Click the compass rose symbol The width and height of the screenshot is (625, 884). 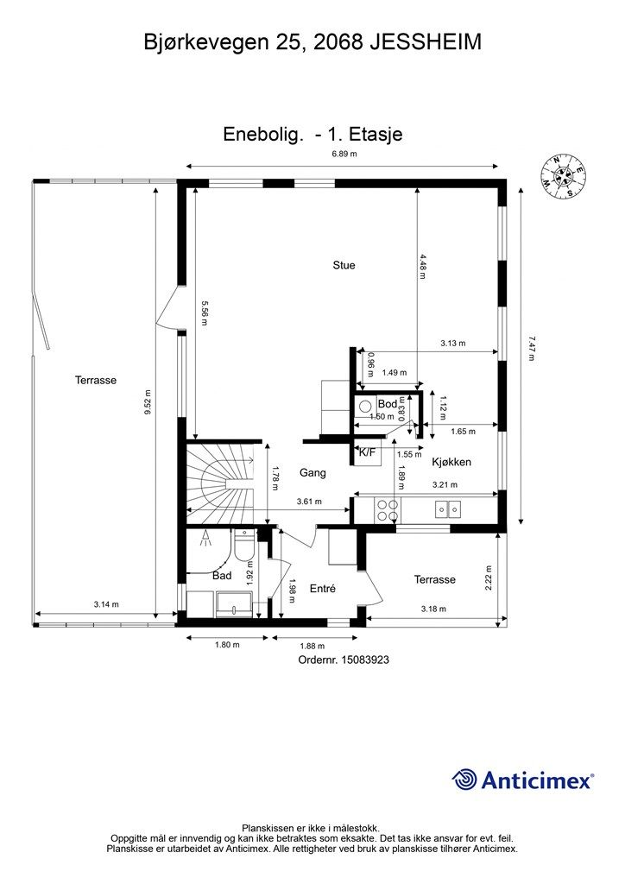click(564, 176)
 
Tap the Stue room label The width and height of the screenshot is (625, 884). click(344, 265)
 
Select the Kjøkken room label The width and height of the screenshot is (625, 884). click(451, 463)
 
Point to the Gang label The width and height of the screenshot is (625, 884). click(312, 472)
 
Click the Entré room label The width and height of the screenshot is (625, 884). click(323, 589)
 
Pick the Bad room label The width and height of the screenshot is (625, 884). click(222, 576)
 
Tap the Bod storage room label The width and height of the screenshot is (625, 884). click(388, 404)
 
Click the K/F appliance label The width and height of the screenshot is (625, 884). click(367, 451)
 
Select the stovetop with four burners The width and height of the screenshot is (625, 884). click(388, 510)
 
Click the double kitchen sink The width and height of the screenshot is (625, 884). click(448, 509)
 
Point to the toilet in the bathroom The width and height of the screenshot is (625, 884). click(244, 546)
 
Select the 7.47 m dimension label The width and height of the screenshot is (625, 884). click(531, 348)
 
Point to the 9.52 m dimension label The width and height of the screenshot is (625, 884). click(148, 402)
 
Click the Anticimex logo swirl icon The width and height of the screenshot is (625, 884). click(464, 780)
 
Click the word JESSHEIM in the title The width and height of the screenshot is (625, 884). click(426, 42)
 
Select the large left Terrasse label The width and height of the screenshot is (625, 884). click(96, 380)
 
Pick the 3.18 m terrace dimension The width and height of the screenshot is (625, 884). click(434, 609)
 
